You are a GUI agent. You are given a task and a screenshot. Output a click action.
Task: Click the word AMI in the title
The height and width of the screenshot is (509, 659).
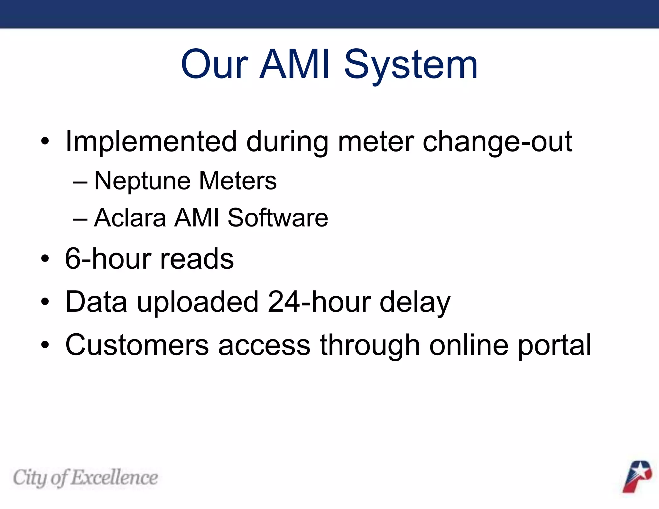tap(295, 64)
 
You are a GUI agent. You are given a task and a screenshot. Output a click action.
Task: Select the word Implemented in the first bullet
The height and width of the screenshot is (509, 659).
tap(151, 142)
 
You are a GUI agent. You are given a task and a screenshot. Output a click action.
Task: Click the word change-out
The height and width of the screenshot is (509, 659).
tap(497, 142)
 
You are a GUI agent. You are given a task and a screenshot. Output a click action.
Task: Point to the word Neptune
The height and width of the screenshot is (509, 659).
tap(142, 181)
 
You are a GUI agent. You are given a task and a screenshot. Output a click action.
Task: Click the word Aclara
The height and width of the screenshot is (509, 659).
tap(130, 218)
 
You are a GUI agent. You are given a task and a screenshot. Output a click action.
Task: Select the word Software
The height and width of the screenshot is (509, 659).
tap(278, 218)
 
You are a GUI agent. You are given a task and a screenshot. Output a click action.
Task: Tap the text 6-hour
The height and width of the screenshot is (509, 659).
tap(108, 259)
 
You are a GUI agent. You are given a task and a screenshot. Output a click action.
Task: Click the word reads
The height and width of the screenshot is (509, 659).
tap(197, 259)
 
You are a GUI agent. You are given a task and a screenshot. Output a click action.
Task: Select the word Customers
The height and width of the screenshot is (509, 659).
tap(137, 345)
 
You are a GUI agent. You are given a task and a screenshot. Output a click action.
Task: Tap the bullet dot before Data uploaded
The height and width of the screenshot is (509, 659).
tap(45, 302)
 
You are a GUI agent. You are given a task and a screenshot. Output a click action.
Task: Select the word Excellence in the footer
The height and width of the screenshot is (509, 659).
tap(115, 477)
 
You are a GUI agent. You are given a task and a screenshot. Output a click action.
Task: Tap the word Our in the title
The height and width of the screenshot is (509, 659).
tap(215, 64)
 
